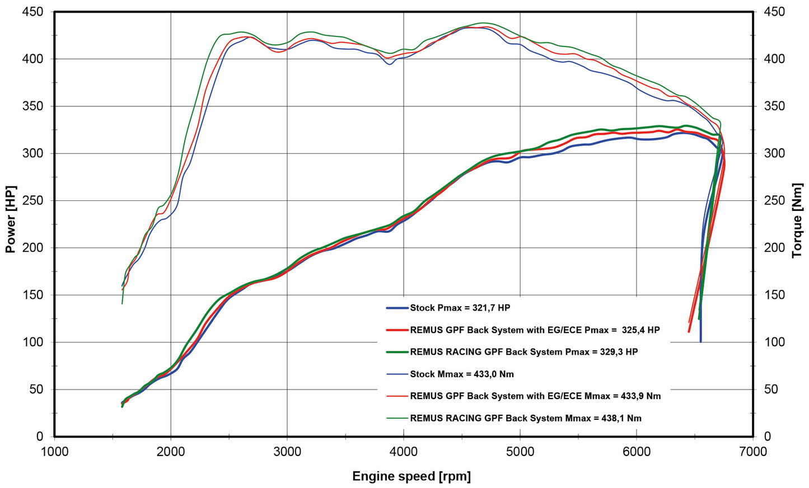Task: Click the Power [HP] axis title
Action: coord(10,219)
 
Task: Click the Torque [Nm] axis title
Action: coord(797,220)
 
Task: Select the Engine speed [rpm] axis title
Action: coord(411,476)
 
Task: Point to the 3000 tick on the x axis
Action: coord(287,452)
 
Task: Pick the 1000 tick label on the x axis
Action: coord(55,452)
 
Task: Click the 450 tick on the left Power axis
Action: coord(32,12)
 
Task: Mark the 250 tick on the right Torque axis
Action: coord(774,200)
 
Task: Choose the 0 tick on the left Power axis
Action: coord(39,437)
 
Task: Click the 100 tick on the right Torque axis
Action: coord(774,342)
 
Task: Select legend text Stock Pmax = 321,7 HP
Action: coord(460,308)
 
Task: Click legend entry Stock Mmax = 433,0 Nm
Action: coord(461,374)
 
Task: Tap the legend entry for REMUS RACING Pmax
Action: coord(523,352)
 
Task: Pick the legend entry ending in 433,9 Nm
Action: coord(535,396)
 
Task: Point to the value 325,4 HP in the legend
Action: coord(640,330)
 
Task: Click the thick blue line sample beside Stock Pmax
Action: coord(397,308)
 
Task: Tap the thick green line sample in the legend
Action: coord(397,352)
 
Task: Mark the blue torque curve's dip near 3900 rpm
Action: coord(389,64)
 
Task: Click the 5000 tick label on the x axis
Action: coord(520,452)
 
